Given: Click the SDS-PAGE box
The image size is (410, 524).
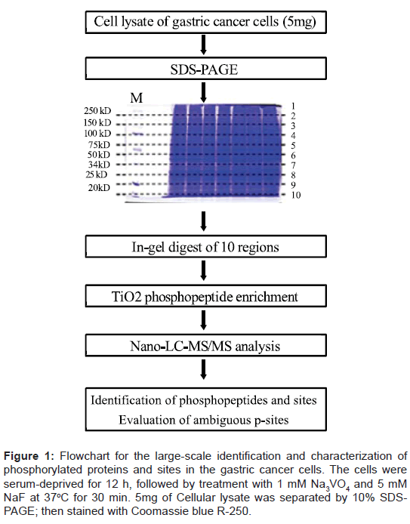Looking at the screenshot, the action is pos(205,68).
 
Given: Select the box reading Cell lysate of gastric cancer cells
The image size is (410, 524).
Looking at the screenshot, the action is pos(205,22).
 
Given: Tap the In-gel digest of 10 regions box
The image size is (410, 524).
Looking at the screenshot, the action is pos(205,246).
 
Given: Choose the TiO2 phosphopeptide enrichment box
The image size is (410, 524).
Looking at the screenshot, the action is pos(205,296).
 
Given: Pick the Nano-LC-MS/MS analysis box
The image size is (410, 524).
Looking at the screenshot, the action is pos(205,346).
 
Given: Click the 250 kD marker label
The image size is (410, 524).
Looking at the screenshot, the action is pos(97,111).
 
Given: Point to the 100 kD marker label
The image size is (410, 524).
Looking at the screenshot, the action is pos(97,134).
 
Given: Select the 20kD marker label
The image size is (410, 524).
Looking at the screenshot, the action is pos(99,188).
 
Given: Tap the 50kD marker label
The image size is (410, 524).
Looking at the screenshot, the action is pos(99,155).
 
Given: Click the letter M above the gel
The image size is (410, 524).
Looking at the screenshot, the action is pos(137,97).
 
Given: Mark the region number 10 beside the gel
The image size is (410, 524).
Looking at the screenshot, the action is pos(296,195).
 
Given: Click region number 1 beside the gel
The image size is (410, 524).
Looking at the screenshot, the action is pos(293,106).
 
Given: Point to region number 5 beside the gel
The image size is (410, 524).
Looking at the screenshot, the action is pos(293,146).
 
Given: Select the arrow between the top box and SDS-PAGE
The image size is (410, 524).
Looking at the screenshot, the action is pos(203,45).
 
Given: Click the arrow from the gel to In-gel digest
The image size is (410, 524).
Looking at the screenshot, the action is pos(203,221).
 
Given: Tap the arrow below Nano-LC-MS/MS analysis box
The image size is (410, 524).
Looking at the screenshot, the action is pos(203,369).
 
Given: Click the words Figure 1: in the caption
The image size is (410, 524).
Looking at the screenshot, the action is pos(29,456).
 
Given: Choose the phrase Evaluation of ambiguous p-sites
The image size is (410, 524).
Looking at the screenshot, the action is pos(204,420).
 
